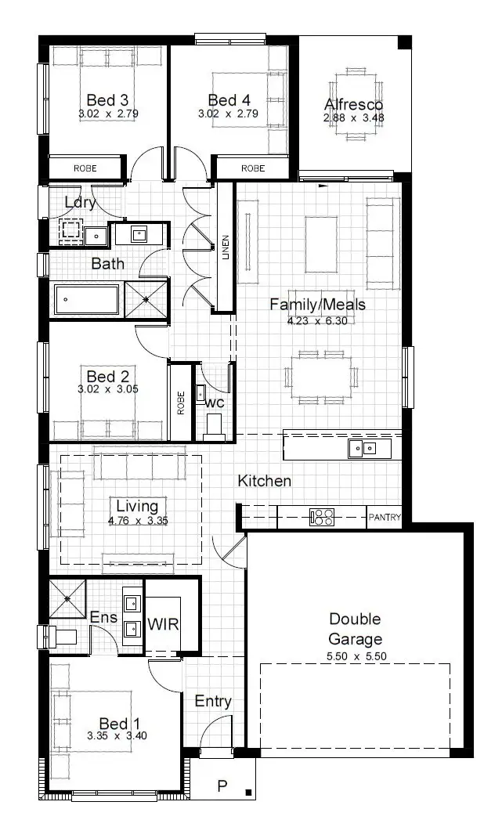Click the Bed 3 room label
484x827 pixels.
[107, 100]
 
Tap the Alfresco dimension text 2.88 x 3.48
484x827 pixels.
[353, 118]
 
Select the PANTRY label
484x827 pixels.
[385, 518]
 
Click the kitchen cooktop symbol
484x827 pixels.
[322, 517]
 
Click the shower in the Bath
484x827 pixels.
[146, 300]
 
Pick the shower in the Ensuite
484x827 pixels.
[68, 598]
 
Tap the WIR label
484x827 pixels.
[163, 625]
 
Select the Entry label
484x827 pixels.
[213, 701]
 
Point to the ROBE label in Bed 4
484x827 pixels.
[253, 168]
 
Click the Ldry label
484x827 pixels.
[80, 202]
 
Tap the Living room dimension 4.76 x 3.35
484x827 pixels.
[137, 520]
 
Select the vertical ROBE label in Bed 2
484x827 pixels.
[181, 403]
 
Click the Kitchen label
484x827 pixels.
[265, 481]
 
